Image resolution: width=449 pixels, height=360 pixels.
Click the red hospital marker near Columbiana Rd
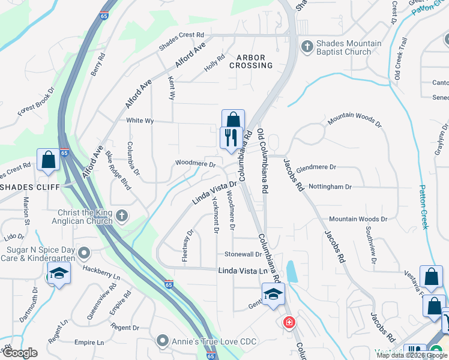(289, 323)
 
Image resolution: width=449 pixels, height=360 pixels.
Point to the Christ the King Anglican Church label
(85, 216)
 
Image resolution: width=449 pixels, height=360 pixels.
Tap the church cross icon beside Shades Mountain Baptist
(307, 46)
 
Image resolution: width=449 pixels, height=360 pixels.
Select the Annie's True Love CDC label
(214, 342)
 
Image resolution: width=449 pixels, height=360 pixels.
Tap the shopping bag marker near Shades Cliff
(48, 160)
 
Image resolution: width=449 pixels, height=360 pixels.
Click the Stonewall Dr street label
(243, 254)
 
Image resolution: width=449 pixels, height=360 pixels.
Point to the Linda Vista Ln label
(241, 271)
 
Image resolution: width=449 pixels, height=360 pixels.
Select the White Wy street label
(140, 121)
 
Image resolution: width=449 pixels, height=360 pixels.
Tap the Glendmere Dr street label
(316, 167)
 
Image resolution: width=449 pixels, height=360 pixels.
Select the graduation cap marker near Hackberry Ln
(59, 274)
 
